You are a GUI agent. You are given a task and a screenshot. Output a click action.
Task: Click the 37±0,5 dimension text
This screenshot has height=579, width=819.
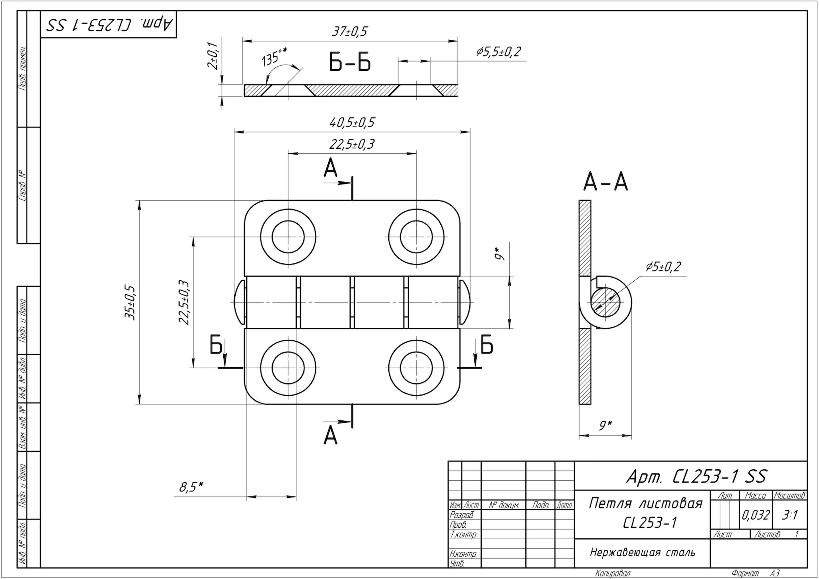(349, 32)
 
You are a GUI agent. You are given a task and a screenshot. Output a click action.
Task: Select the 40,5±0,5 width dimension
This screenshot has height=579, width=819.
(352, 123)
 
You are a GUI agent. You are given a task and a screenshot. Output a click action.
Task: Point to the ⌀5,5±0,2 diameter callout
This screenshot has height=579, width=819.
(498, 52)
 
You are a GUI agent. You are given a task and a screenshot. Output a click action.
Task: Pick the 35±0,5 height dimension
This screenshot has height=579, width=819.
(131, 302)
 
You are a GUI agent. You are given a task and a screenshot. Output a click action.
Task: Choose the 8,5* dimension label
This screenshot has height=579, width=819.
(191, 487)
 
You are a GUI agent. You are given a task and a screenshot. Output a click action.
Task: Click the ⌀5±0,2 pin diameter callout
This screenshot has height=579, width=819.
(663, 267)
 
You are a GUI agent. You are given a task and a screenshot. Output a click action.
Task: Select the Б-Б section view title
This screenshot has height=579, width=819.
(350, 63)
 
